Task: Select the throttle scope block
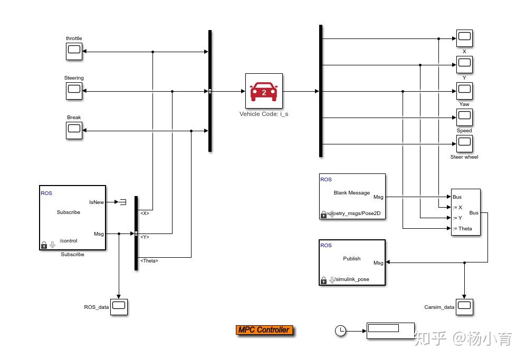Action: (x=74, y=51)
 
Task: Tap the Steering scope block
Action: (x=74, y=91)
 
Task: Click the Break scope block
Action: (x=74, y=130)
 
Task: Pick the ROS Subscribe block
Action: (x=72, y=217)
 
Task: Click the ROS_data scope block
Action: (x=119, y=307)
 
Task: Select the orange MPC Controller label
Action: (x=264, y=330)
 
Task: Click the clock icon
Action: (x=341, y=330)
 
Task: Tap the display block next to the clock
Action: (x=390, y=330)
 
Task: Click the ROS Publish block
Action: (x=352, y=262)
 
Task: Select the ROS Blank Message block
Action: (x=352, y=196)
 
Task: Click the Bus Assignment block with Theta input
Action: (x=465, y=212)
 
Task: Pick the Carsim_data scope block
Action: (x=464, y=307)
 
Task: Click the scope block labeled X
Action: (x=464, y=38)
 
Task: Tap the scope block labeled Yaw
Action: (x=464, y=91)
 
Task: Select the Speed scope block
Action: (x=464, y=117)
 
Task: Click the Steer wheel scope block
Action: (x=464, y=143)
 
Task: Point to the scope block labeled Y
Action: (x=464, y=64)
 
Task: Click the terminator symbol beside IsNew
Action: (x=122, y=202)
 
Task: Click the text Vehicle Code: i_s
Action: (x=264, y=114)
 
